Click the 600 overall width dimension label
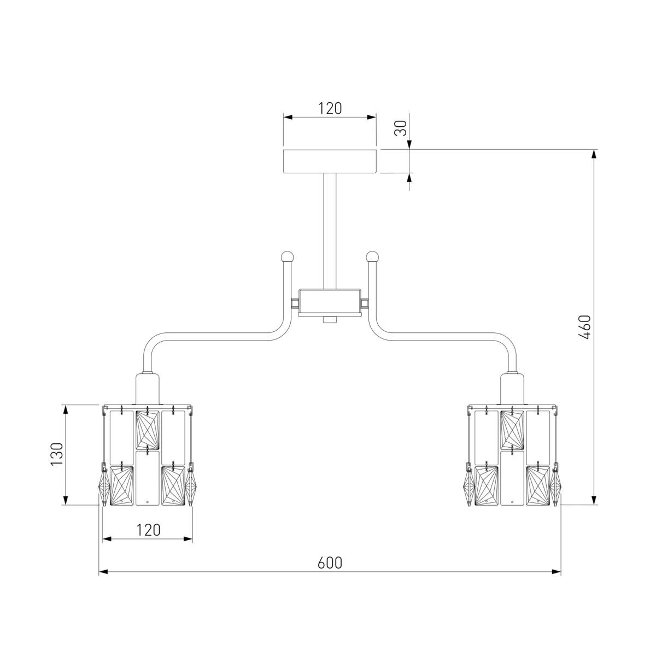pos(330,563)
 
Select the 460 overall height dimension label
pos(584,327)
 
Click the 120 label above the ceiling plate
pos(330,108)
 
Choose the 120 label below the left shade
pos(148,530)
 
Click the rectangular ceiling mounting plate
pos(330,161)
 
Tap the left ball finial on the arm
pos(286,256)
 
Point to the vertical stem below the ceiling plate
pos(330,231)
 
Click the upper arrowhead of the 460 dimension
pos(594,154)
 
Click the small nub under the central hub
pos(329,320)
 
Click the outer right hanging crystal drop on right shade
pos(555,484)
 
